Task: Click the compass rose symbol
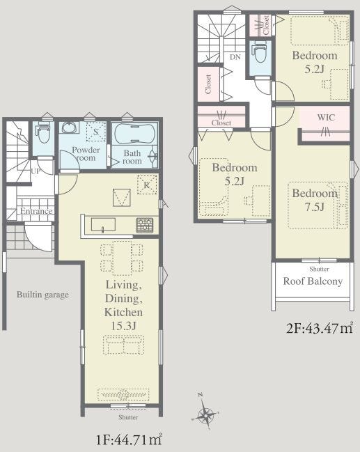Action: tap(205, 414)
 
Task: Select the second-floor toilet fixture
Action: tap(260, 52)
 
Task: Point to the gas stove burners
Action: tap(145, 225)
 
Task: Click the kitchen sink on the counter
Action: tap(103, 224)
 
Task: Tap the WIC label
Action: tap(326, 117)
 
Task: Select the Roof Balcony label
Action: tap(313, 281)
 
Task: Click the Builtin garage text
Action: tap(42, 295)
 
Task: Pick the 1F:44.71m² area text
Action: tap(129, 439)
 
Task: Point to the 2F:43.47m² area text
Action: tap(320, 328)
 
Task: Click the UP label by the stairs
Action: tap(36, 171)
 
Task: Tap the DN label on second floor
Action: tap(235, 57)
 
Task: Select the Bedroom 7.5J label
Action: tap(315, 200)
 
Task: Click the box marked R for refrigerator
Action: tap(147, 185)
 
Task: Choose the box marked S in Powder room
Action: tap(95, 132)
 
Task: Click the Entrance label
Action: tap(36, 211)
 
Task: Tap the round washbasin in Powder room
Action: tap(69, 127)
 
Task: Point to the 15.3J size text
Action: tap(123, 326)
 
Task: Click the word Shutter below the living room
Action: tap(128, 417)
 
